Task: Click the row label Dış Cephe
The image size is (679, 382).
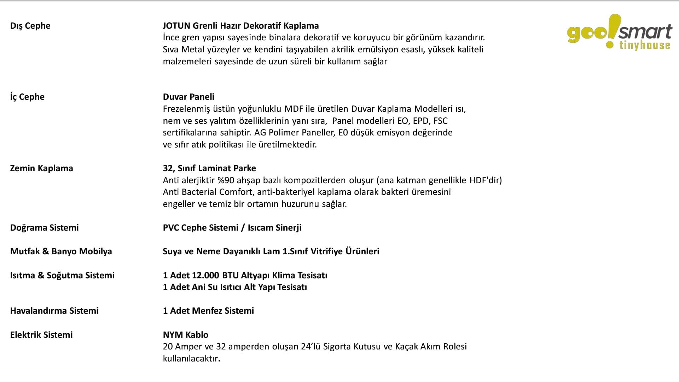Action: (x=30, y=26)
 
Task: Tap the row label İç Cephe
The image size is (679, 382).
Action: (x=27, y=97)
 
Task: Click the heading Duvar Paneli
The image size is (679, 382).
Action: (x=188, y=97)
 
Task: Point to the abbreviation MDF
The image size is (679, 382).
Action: (x=294, y=109)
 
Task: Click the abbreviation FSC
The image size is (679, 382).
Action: (x=440, y=121)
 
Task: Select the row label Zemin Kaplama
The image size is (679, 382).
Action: (x=41, y=168)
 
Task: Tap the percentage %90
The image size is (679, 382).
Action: (x=226, y=180)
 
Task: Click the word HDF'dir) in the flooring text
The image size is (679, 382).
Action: (x=486, y=180)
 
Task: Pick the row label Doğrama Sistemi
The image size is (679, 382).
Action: (x=44, y=228)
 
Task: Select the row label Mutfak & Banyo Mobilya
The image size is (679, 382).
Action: (x=61, y=251)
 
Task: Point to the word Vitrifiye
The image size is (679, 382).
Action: (x=327, y=251)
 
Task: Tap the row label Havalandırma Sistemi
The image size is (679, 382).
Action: (x=54, y=311)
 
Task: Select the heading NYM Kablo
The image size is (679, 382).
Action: (x=186, y=335)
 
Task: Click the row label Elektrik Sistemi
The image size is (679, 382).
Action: (x=41, y=335)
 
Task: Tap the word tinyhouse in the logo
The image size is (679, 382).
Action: (x=645, y=45)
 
